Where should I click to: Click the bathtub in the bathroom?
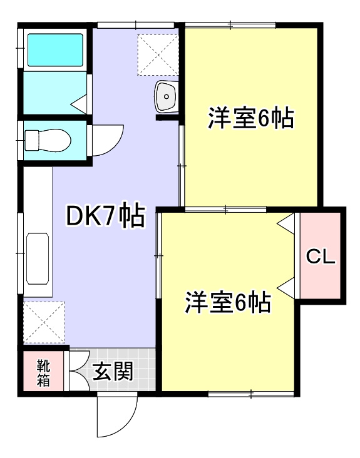[x=55, y=50]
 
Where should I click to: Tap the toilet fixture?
[x=48, y=141]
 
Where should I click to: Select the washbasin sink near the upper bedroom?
[x=167, y=96]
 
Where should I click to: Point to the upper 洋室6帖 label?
[x=250, y=118]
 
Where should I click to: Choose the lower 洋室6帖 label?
[x=228, y=302]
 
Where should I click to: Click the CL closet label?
[x=321, y=257]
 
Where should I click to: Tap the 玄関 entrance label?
[x=113, y=371]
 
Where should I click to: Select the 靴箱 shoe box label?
[x=43, y=373]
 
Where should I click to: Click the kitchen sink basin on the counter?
[x=38, y=258]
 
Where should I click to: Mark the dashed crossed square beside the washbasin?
[x=158, y=54]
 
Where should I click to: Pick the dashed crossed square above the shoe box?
[x=44, y=322]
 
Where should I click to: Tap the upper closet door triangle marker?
[x=285, y=223]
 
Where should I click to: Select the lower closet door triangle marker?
[x=285, y=288]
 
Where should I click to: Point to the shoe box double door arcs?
[x=80, y=370]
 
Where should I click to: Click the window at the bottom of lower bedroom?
[x=251, y=394]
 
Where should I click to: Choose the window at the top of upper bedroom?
[x=230, y=26]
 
